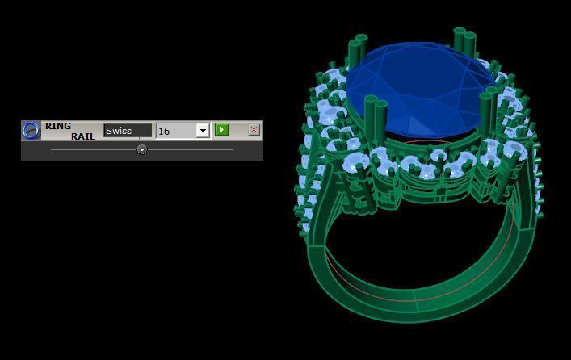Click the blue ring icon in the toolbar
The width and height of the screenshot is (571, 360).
pos(31,130)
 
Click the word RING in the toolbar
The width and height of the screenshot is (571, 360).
pos(58,126)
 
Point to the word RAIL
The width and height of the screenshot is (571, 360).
pos(83,136)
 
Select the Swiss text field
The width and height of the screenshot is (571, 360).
pos(128,130)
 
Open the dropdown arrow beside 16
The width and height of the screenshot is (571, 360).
pos(202,131)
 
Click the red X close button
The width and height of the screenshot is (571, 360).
pos(254,129)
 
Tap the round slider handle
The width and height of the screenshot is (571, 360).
pos(142,149)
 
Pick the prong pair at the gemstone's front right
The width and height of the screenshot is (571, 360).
pos(488,109)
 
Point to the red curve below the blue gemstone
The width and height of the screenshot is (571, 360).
pos(420,144)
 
